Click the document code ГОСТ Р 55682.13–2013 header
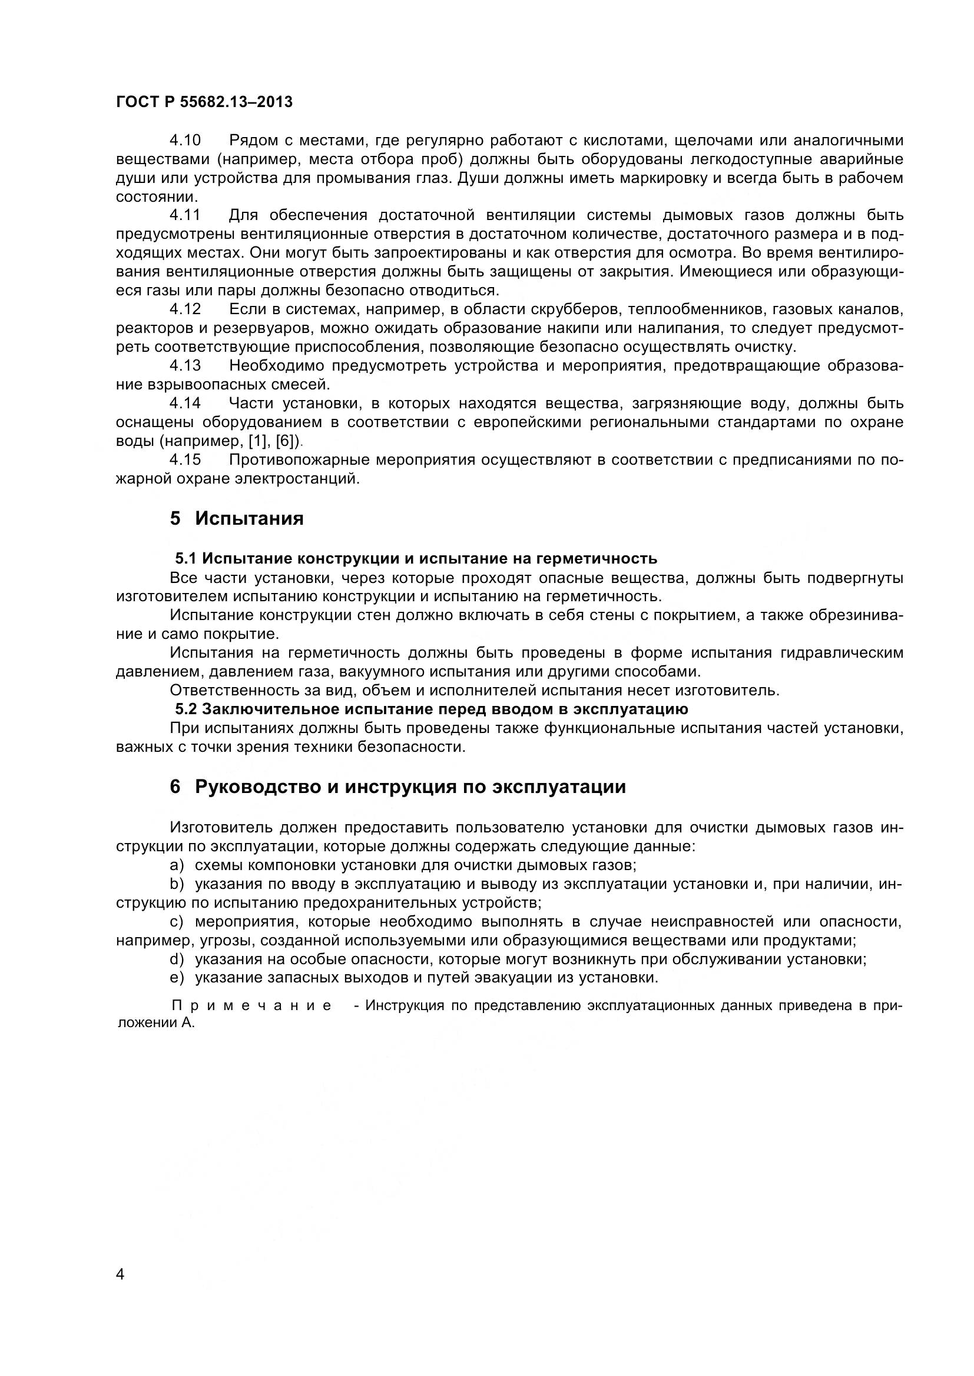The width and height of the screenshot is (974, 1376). pyautogui.click(x=204, y=102)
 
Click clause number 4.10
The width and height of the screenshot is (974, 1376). pyautogui.click(x=185, y=140)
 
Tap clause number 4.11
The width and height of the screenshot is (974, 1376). pyautogui.click(x=185, y=215)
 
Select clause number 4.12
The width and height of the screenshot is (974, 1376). pyautogui.click(x=185, y=309)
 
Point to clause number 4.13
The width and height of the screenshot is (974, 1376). pyautogui.click(x=185, y=365)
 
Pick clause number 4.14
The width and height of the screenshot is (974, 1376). pyautogui.click(x=185, y=404)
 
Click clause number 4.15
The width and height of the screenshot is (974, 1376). pyautogui.click(x=185, y=459)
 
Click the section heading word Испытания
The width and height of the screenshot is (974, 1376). pyautogui.click(x=249, y=518)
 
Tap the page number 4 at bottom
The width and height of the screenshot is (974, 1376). pyautogui.click(x=120, y=1291)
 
